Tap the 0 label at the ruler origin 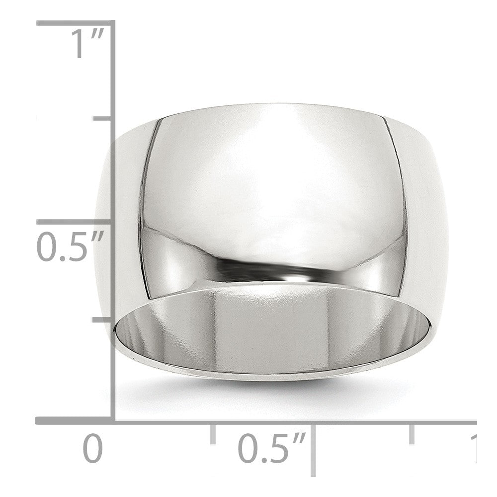(x=92, y=449)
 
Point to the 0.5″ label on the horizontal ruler (x=271, y=449)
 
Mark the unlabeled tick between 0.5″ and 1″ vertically (x=102, y=119)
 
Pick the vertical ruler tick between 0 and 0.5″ (x=102, y=320)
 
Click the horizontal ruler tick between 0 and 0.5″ (x=213, y=433)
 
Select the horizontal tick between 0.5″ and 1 (x=412, y=433)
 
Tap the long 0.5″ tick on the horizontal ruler (x=313, y=447)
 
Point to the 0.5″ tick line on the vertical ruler (x=75, y=222)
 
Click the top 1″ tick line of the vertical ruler (x=75, y=23)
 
